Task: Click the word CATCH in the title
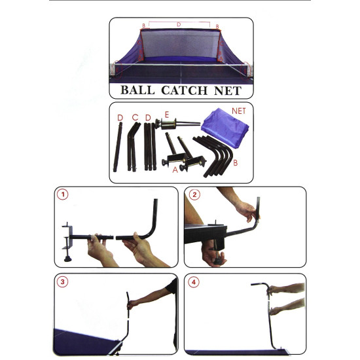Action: coord(185,90)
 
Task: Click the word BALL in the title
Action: coord(137,90)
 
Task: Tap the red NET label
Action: coord(239,111)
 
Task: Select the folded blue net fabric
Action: coord(225,128)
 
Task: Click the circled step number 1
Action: coord(63,194)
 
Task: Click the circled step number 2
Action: coord(194,194)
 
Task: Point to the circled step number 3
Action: coord(62,281)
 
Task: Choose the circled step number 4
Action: coord(194,282)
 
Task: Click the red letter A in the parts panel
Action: coord(175,170)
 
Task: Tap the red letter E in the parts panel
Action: coord(167,115)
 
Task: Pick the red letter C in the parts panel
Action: coord(135,118)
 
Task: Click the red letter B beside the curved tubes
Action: coord(236,163)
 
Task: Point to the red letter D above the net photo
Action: coord(179,24)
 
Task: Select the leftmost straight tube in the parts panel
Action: coord(118,147)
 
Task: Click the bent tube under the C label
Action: coord(132,147)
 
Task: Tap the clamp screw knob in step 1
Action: coord(67,259)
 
